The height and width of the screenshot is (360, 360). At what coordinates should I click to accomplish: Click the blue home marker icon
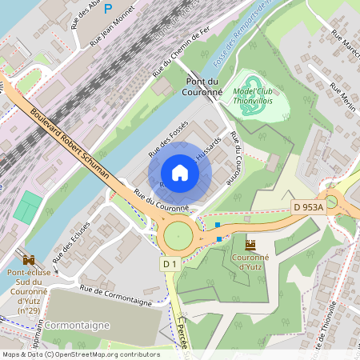(180, 173)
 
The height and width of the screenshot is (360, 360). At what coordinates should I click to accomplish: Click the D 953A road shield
(308, 207)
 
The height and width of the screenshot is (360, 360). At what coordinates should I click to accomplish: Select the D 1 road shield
(169, 264)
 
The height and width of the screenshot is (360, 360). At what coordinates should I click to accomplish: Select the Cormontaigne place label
(77, 326)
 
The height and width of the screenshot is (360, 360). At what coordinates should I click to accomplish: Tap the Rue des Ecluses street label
(70, 242)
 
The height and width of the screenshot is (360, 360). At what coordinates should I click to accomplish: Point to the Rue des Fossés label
(168, 137)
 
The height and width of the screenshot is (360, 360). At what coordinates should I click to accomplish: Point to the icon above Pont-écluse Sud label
(30, 260)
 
